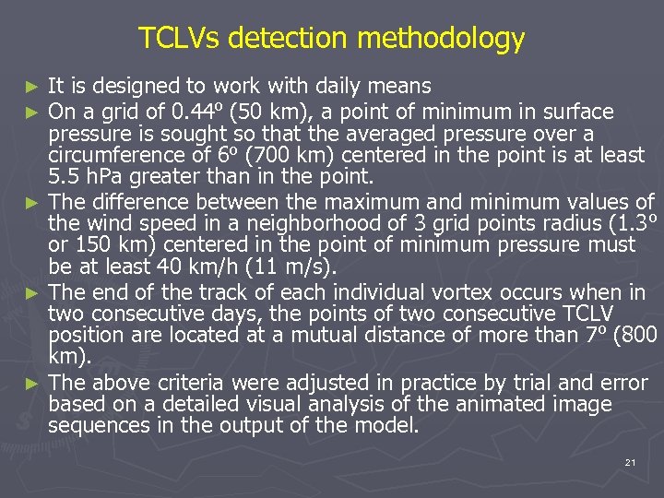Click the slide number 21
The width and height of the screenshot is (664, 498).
[630, 462]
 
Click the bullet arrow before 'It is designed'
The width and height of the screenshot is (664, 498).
[33, 88]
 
